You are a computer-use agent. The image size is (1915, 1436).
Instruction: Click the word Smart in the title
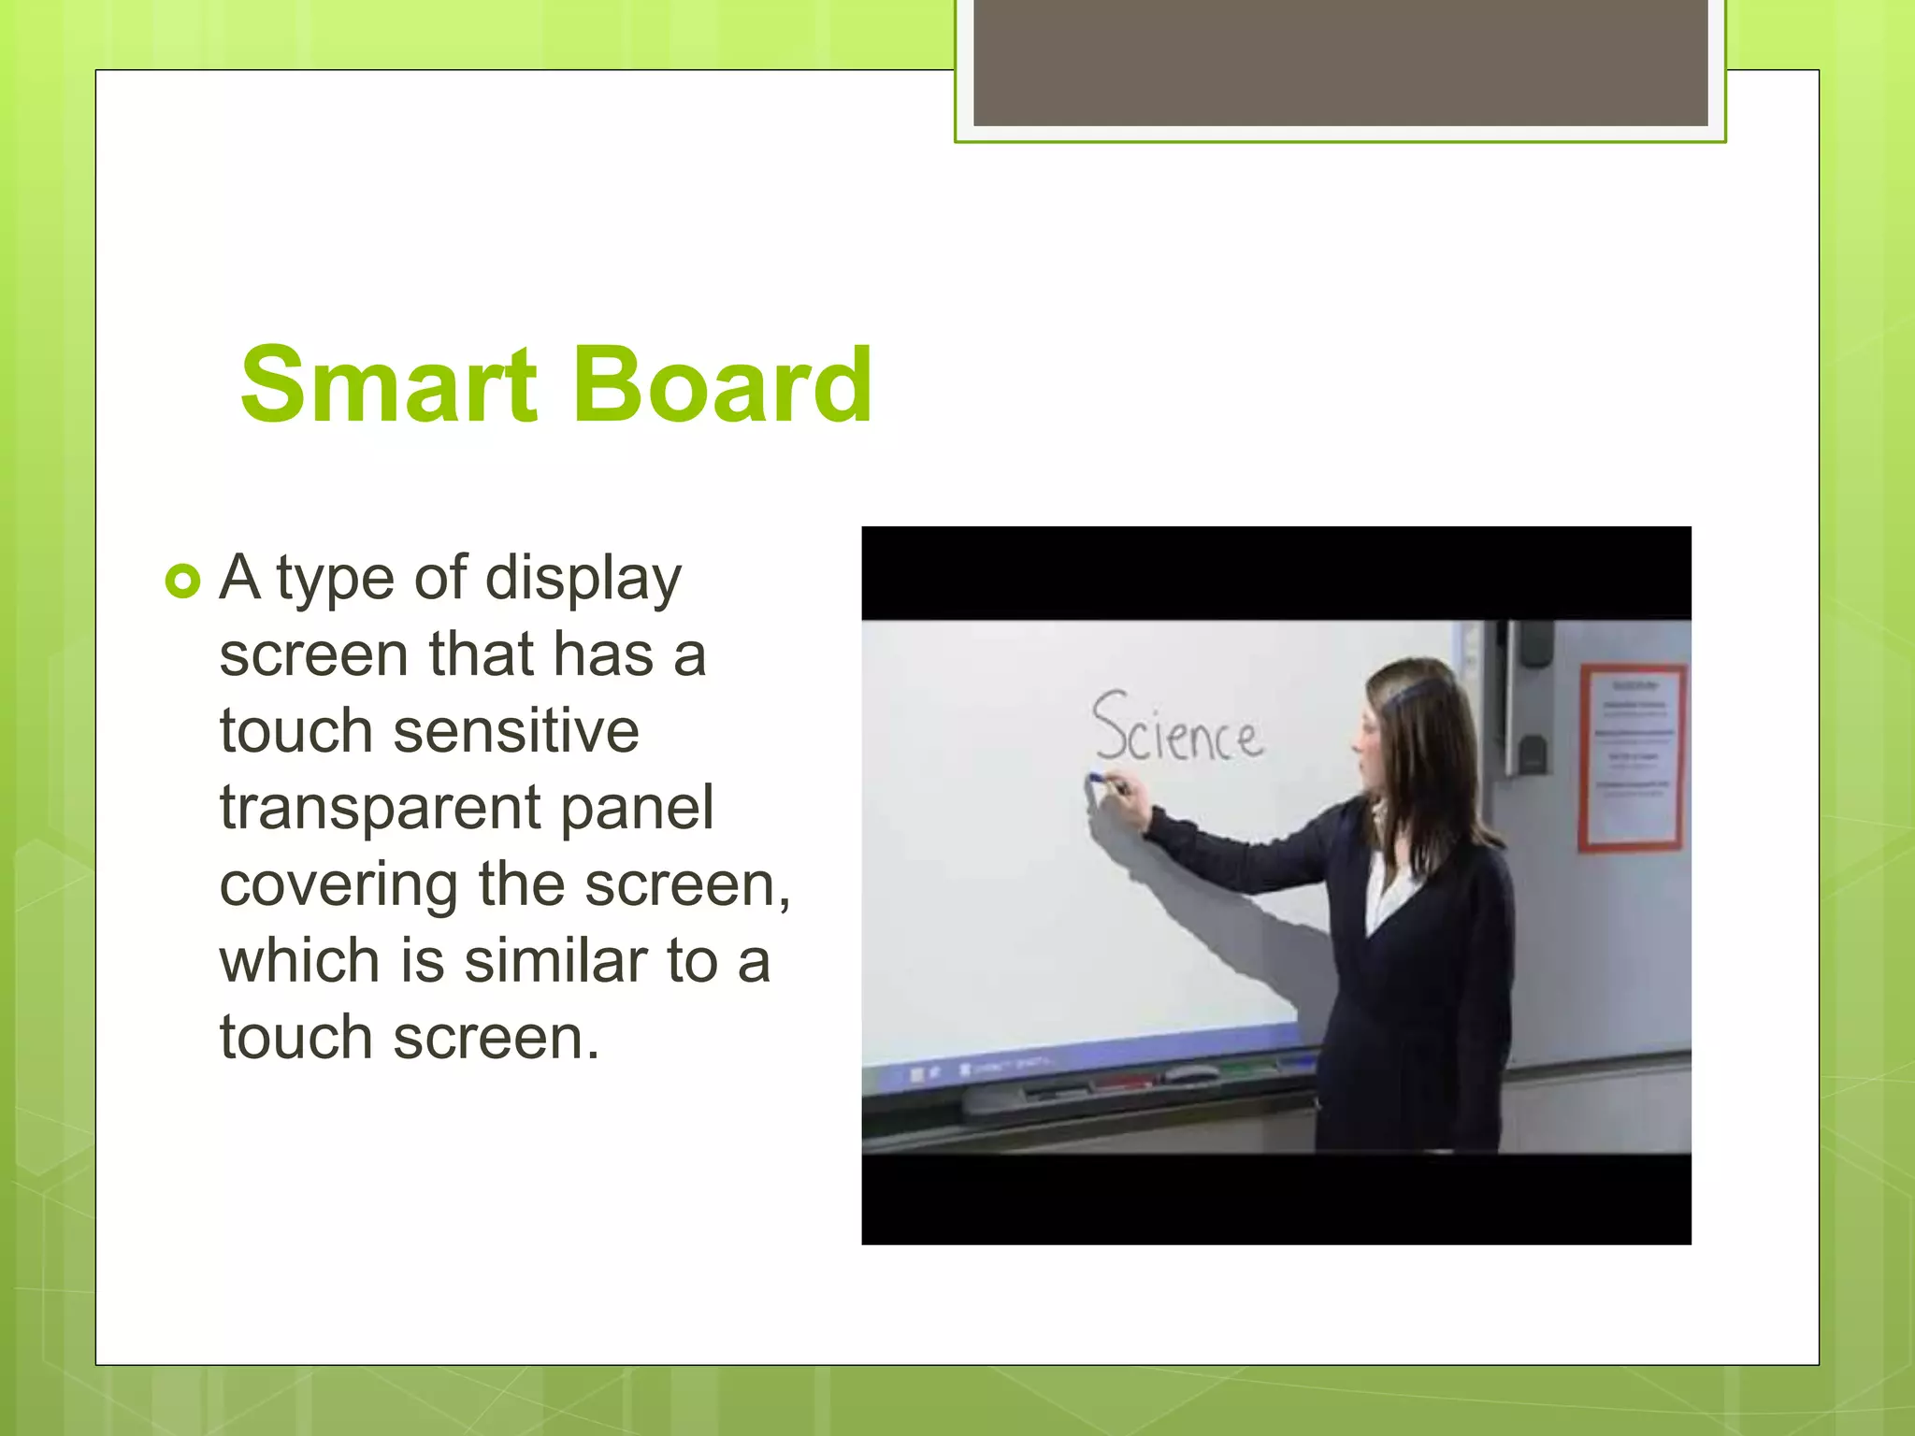tap(389, 385)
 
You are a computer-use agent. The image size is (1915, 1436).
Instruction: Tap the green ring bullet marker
tap(182, 582)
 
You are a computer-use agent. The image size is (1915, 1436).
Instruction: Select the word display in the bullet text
tap(583, 580)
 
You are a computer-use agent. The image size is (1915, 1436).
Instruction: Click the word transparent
tap(380, 810)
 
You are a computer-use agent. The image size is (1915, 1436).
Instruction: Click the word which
tap(299, 961)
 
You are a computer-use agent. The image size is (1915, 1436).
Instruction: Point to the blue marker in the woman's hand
tap(1097, 777)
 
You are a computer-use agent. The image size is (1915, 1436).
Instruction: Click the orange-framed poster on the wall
tap(1632, 756)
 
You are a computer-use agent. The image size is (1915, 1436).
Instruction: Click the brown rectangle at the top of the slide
tap(1340, 62)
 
